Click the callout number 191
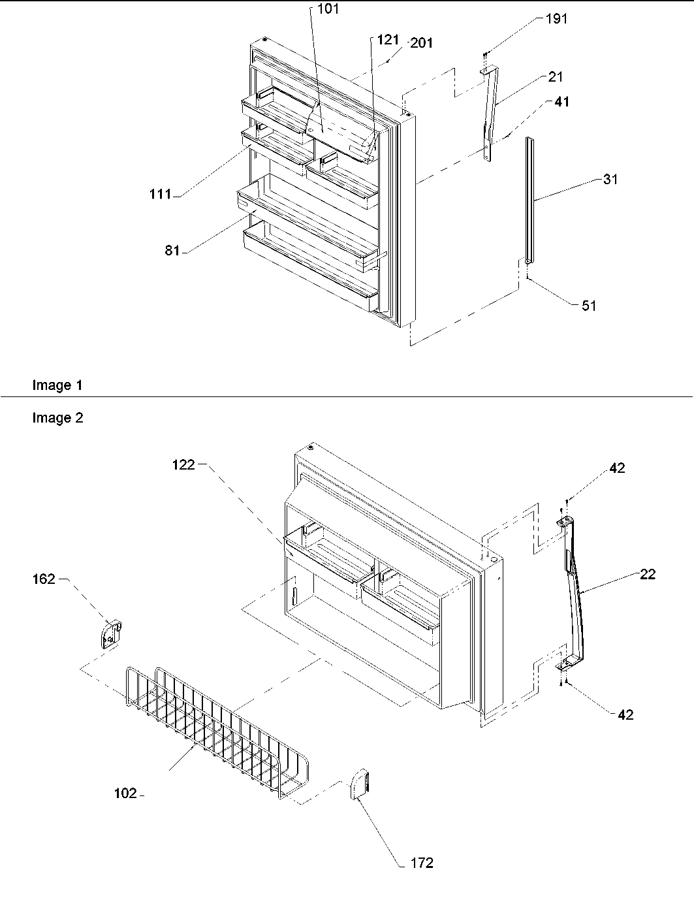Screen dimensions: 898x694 click(556, 19)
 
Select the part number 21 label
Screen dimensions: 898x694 click(555, 77)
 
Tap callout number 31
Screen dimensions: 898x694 click(610, 180)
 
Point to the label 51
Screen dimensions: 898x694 click(589, 305)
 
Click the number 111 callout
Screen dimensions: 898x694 click(159, 194)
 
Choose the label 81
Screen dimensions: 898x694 click(172, 251)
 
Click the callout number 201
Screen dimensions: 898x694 click(422, 43)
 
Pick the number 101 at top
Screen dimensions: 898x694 click(328, 10)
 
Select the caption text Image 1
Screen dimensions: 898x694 click(57, 385)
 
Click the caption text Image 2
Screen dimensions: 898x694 click(57, 418)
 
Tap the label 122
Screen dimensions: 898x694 click(183, 465)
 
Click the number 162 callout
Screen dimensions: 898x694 click(44, 579)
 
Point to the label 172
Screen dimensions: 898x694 click(422, 863)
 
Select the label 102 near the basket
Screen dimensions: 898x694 click(125, 793)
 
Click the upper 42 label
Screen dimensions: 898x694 click(617, 468)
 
